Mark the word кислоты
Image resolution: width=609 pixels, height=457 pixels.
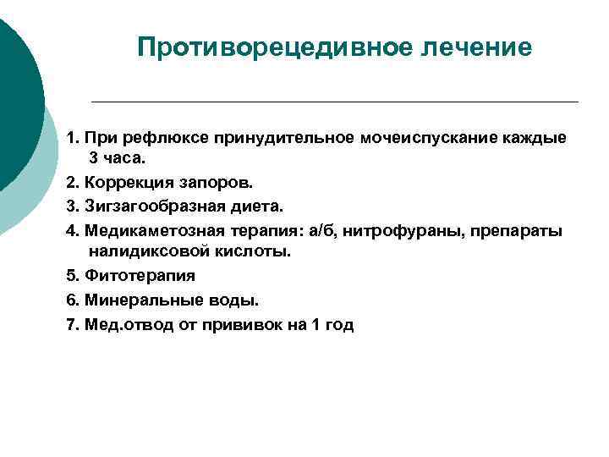point(254,251)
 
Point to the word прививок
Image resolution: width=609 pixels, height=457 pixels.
point(243,325)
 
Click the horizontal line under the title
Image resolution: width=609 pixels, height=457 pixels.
point(334,102)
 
